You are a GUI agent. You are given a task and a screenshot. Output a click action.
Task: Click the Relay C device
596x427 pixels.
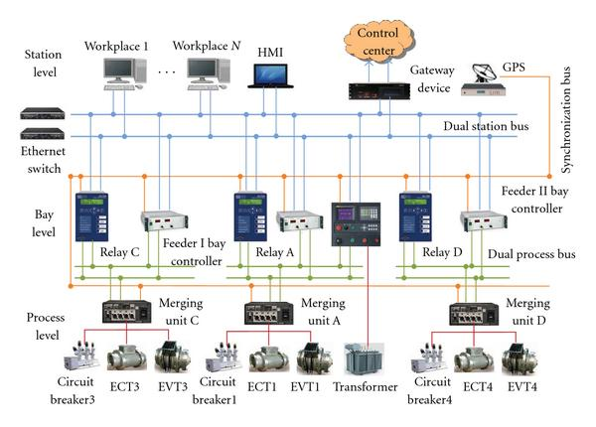[x=95, y=216]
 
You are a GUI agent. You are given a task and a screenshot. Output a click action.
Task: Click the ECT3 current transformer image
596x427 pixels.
[x=126, y=356]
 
